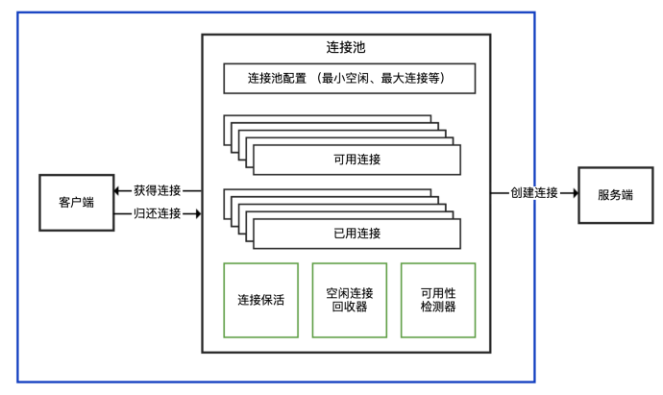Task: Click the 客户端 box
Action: pyautogui.click(x=75, y=203)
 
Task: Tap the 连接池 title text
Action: pyautogui.click(x=346, y=47)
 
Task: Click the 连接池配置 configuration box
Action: pyautogui.click(x=349, y=78)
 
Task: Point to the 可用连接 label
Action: pyautogui.click(x=356, y=160)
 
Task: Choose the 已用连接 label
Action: pyautogui.click(x=356, y=234)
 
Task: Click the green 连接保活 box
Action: pyautogui.click(x=260, y=300)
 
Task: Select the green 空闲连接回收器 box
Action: pyautogui.click(x=350, y=300)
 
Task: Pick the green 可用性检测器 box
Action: pyautogui.click(x=438, y=300)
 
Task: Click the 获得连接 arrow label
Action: pyautogui.click(x=158, y=190)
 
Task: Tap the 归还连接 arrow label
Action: pyautogui.click(x=158, y=213)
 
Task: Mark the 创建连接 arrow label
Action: pyautogui.click(x=534, y=193)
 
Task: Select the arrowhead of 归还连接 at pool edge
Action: pyautogui.click(x=197, y=213)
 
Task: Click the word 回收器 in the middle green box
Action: pyautogui.click(x=350, y=308)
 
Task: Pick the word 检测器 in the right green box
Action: pyautogui.click(x=438, y=308)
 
